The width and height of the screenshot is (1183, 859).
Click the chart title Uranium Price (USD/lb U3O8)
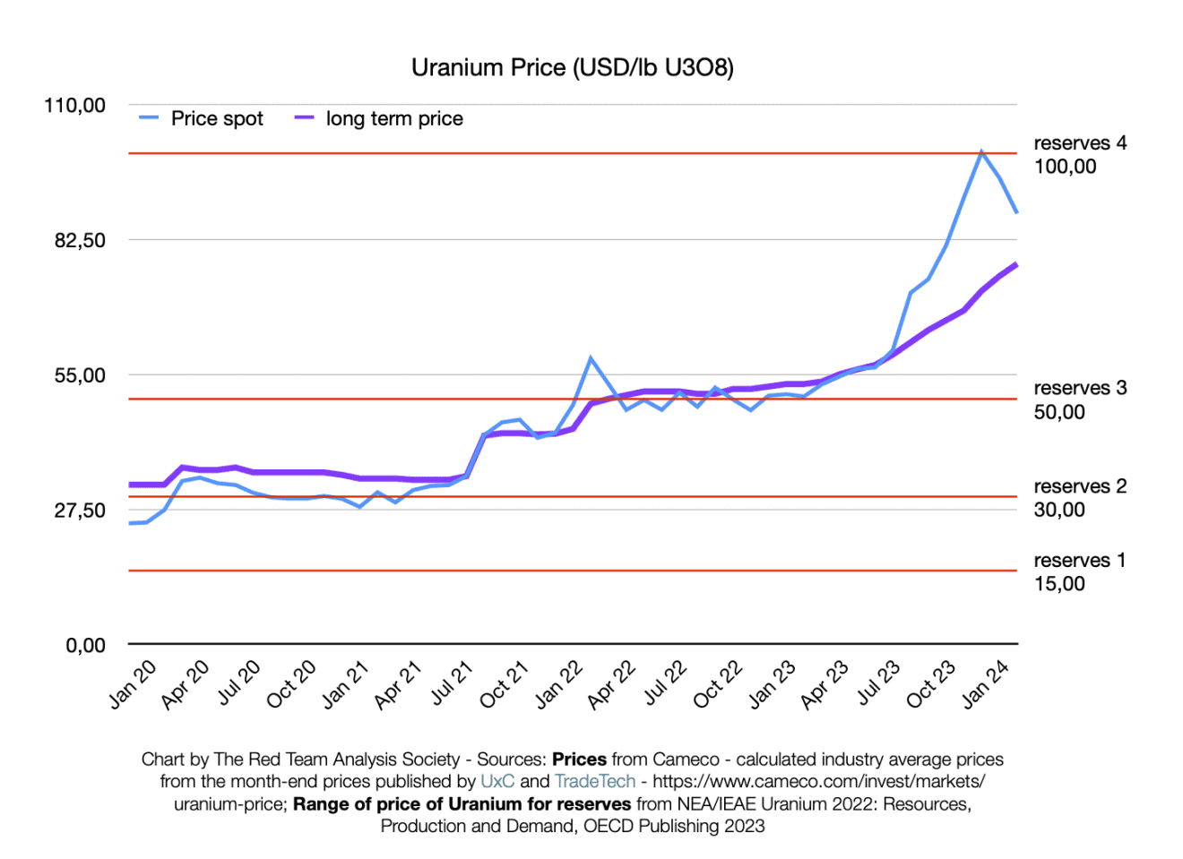pyautogui.click(x=572, y=68)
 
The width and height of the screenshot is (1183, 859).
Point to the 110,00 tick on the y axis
pyautogui.click(x=74, y=106)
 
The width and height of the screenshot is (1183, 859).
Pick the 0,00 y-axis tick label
pyautogui.click(x=85, y=645)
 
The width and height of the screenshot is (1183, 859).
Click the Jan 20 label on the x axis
pyautogui.click(x=133, y=684)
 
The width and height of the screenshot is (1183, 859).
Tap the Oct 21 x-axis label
pyautogui.click(x=504, y=684)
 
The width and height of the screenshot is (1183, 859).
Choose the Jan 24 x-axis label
pyautogui.click(x=985, y=684)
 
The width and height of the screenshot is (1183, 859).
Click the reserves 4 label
pyautogui.click(x=1080, y=143)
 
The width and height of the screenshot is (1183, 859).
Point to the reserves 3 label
pyautogui.click(x=1080, y=388)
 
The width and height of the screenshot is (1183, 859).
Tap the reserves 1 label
pyautogui.click(x=1079, y=561)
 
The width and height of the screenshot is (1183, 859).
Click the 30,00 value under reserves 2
pyautogui.click(x=1059, y=510)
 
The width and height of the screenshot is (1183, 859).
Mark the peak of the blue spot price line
pyautogui.click(x=981, y=151)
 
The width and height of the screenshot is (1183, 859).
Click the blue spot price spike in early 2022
pyautogui.click(x=591, y=358)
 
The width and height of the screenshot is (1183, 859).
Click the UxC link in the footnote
pyautogui.click(x=497, y=781)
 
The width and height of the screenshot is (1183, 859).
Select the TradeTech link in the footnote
pyautogui.click(x=595, y=781)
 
